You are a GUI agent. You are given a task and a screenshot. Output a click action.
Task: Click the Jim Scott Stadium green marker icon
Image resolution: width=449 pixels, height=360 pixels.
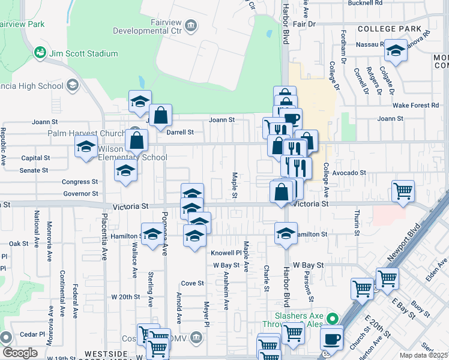(41, 53)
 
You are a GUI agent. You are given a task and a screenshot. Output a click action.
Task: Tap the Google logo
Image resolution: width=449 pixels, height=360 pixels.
(20, 353)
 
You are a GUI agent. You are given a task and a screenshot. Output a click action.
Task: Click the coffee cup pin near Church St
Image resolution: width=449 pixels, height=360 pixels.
(331, 338)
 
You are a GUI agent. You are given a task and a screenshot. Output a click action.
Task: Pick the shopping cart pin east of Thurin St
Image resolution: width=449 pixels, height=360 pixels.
(403, 191)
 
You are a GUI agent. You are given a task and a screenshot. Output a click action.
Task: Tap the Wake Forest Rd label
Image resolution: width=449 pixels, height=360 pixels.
(417, 105)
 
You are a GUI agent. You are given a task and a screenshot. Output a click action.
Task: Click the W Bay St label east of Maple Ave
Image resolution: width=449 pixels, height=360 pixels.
(308, 265)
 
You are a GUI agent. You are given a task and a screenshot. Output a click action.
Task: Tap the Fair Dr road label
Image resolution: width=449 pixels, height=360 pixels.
(304, 24)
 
